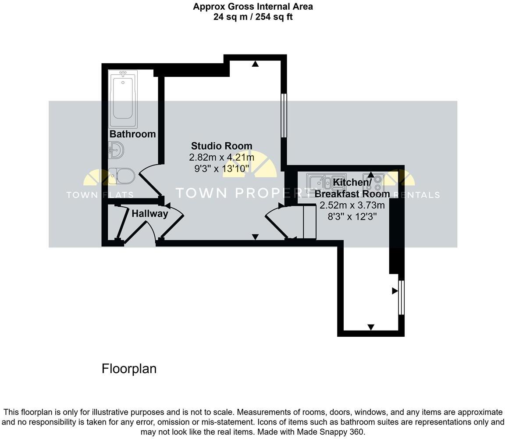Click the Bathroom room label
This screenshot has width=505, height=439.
tap(132, 134)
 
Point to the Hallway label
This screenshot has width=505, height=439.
tap(150, 214)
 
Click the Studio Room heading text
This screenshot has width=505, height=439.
tap(221, 146)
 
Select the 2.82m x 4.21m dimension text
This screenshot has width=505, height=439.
tap(221, 158)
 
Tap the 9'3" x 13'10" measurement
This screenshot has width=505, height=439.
tap(221, 169)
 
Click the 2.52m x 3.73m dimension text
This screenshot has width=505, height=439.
tap(352, 205)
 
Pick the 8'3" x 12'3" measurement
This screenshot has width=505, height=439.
tap(352, 216)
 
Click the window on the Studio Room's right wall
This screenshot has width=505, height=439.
tap(284, 115)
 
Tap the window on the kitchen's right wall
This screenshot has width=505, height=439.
tap(401, 297)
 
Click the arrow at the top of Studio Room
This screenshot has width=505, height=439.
tap(255, 64)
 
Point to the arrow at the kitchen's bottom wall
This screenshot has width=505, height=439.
tap(371, 327)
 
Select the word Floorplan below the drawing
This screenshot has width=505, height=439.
tap(129, 369)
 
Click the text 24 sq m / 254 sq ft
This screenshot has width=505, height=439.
tap(253, 17)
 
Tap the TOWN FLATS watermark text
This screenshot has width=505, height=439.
tap(100, 195)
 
